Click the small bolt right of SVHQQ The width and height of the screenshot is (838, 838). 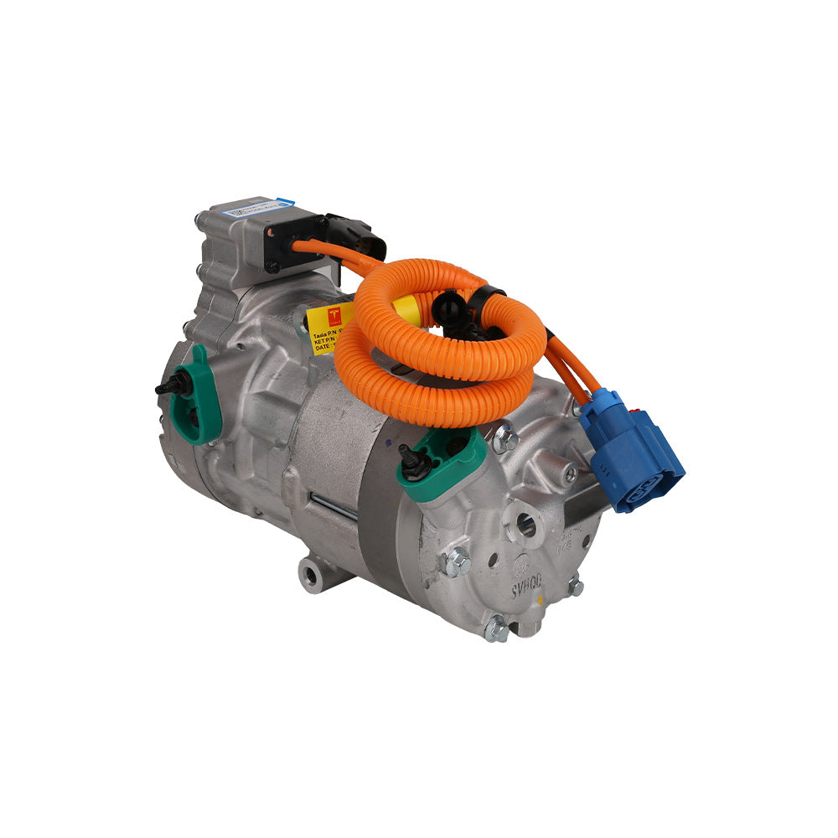(x=576, y=586)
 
